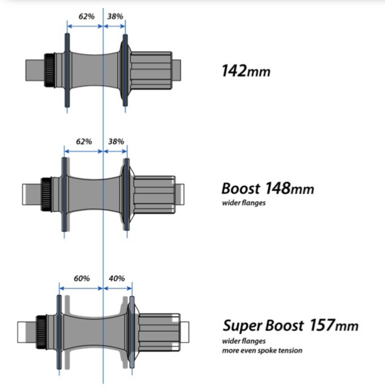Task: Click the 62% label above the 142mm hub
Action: pyautogui.click(x=86, y=16)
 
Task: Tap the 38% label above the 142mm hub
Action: pyautogui.click(x=115, y=16)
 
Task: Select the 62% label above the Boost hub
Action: pyautogui.click(x=84, y=142)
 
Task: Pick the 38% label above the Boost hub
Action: pyautogui.click(x=116, y=142)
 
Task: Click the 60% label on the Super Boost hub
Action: pyautogui.click(x=82, y=278)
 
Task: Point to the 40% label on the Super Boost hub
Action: pyautogui.click(x=117, y=278)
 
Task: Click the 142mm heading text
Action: pyautogui.click(x=246, y=71)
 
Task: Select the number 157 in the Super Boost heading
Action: pyautogui.click(x=322, y=325)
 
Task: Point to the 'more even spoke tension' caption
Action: pyautogui.click(x=262, y=350)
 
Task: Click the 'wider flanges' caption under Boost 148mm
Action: pyautogui.click(x=244, y=203)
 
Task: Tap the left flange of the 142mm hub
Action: pyautogui.click(x=67, y=70)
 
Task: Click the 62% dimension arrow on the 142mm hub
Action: pyautogui.click(x=85, y=26)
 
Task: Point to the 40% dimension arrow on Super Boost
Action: pyautogui.click(x=118, y=288)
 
